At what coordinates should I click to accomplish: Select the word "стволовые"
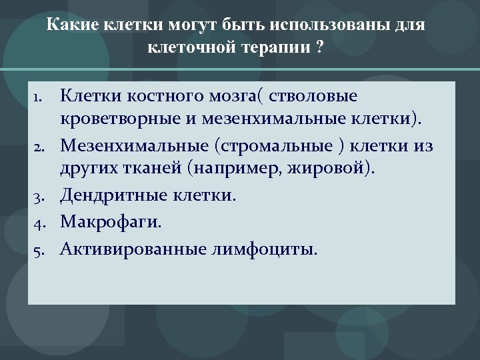tap(316, 97)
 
